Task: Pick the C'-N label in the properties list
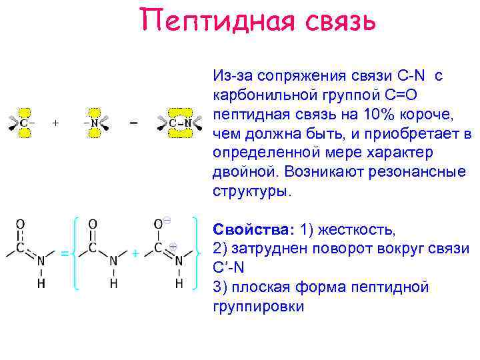[x=228, y=269]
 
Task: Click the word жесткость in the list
[x=357, y=231]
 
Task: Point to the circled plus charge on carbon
[x=173, y=246]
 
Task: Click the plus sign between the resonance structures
[x=135, y=254]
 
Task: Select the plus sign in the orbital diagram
[x=55, y=123]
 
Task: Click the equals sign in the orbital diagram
[x=133, y=123]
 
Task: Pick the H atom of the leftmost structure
[x=41, y=285]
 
